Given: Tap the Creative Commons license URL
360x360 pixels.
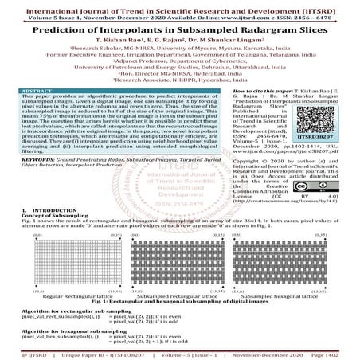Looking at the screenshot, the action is tap(288, 202).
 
